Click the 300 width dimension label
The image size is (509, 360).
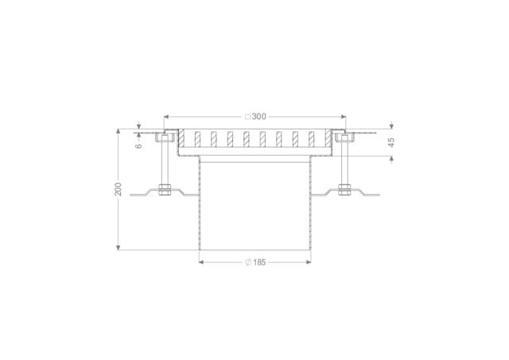(258, 117)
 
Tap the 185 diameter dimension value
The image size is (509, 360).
(259, 262)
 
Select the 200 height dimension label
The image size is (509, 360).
(119, 189)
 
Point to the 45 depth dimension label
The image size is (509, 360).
(392, 142)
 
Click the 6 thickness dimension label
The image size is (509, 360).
(138, 145)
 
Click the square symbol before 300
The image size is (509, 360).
(247, 117)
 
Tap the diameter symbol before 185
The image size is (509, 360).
(248, 262)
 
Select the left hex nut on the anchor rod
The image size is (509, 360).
(165, 189)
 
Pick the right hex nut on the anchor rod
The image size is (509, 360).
(344, 189)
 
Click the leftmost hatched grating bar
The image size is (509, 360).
(181, 137)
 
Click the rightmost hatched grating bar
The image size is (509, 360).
(328, 137)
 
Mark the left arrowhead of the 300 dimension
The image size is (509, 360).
(166, 117)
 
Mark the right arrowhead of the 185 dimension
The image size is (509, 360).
(309, 261)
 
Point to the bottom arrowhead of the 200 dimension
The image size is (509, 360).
(119, 247)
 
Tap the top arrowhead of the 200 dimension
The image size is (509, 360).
(119, 132)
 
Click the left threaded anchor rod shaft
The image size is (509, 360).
(165, 163)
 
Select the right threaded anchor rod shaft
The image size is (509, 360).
(344, 163)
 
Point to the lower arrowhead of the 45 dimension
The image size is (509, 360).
(392, 159)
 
